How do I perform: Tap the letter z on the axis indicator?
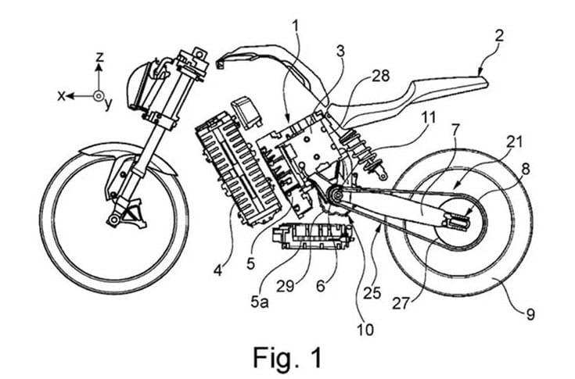99,57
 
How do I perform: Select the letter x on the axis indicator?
60,96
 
